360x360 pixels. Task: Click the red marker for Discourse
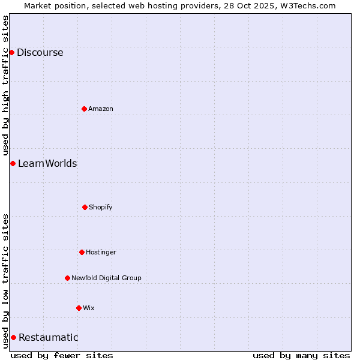click(11, 53)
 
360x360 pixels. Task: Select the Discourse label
click(40, 53)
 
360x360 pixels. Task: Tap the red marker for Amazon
click(84, 109)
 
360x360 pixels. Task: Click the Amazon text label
click(101, 109)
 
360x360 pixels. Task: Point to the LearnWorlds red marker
click(13, 164)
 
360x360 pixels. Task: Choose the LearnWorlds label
click(47, 164)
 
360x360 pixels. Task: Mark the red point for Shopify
click(85, 207)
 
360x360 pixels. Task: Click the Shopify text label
click(101, 208)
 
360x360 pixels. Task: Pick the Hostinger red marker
click(82, 252)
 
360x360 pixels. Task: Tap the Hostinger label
click(101, 253)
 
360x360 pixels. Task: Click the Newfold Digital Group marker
click(67, 278)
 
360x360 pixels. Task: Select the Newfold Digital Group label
click(106, 278)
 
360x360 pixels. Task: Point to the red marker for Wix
click(79, 308)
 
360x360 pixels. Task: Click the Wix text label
click(89, 308)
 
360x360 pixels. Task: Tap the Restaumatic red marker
click(13, 337)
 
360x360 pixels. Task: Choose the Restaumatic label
click(49, 338)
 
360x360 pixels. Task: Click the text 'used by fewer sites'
click(62, 355)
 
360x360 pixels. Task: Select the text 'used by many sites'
click(301, 355)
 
